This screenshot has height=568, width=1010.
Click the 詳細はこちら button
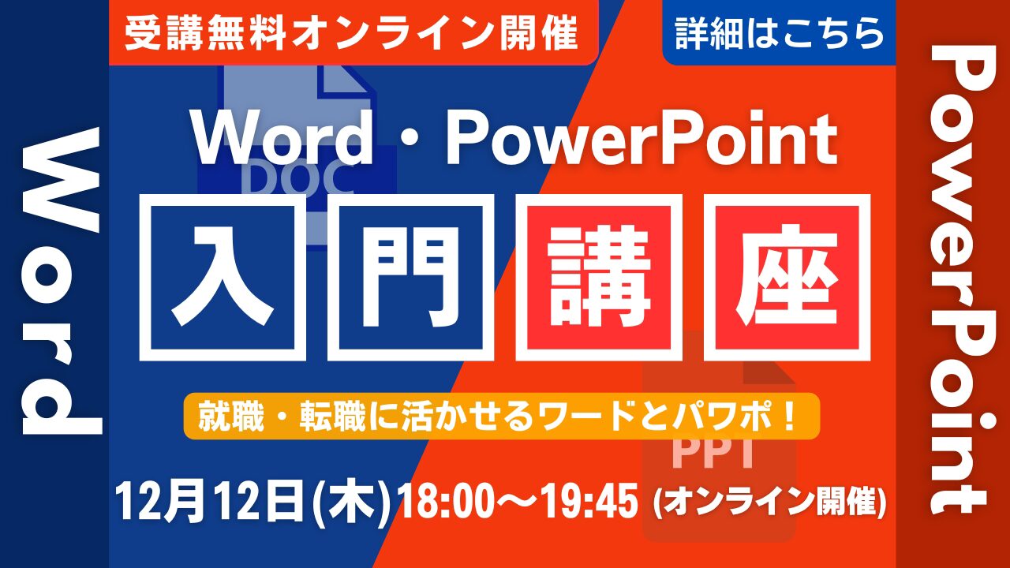779,32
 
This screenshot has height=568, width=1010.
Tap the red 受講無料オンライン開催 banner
353,32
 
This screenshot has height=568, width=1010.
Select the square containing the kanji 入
223,277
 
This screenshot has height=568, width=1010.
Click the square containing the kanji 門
411,277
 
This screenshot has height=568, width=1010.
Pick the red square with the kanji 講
599,277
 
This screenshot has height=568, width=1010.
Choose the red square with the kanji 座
787,277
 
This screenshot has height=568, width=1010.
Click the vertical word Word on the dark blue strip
61,281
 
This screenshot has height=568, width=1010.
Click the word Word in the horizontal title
283,140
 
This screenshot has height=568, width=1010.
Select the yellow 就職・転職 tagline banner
501,416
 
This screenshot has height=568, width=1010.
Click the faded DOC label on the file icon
298,178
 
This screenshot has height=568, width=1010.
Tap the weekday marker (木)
352,503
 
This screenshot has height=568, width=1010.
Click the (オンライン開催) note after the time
769,502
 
